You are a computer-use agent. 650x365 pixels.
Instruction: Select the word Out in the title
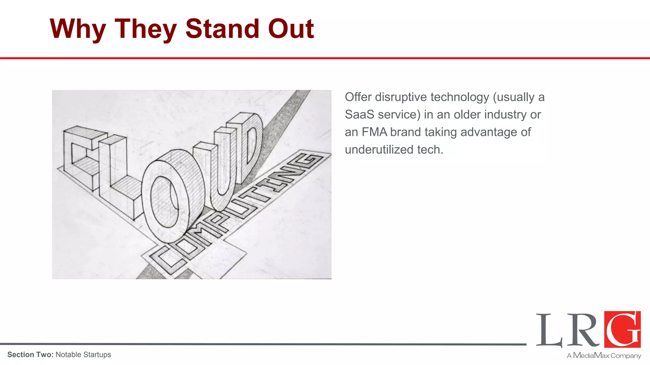click(291, 29)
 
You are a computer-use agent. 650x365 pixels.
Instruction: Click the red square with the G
click(622, 329)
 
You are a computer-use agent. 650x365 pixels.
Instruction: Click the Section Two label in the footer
click(30, 355)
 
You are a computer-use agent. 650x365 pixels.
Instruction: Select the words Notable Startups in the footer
click(83, 355)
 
